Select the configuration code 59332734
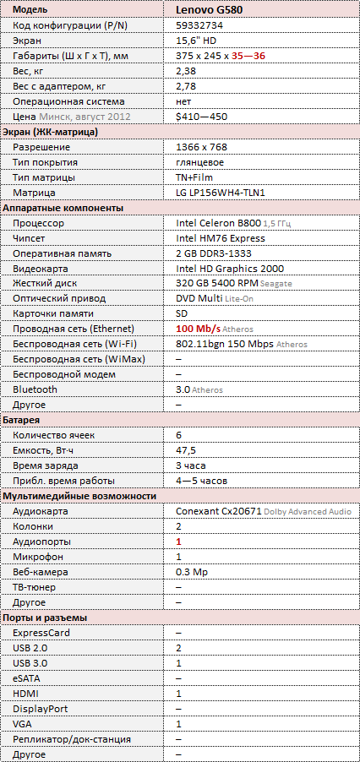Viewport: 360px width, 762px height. (x=198, y=24)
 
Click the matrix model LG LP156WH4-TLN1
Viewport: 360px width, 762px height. (x=221, y=193)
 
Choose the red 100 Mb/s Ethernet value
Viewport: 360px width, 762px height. (x=199, y=329)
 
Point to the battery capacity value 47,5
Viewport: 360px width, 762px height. (x=186, y=450)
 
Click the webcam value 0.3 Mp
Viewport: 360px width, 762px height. (x=190, y=572)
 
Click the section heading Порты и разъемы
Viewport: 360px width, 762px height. (x=46, y=618)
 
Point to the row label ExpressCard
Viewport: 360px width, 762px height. (x=41, y=633)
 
